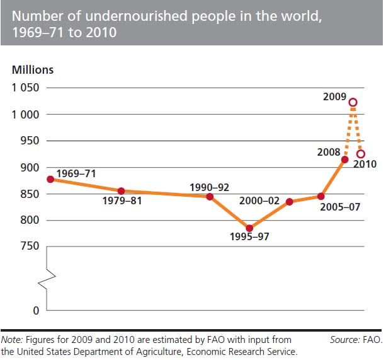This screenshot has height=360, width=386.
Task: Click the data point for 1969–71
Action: coord(50,179)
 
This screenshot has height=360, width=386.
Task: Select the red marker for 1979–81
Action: coord(121,191)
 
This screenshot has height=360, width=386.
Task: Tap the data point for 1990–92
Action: coord(210,196)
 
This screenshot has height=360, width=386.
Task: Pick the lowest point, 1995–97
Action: coord(249,228)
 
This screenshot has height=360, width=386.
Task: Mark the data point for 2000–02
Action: coord(289,202)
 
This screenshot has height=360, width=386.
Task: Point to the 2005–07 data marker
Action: coord(321,196)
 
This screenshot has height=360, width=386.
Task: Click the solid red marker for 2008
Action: coord(344,160)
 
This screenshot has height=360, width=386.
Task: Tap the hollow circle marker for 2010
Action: coord(361,154)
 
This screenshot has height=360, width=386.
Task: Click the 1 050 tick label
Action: coord(25,88)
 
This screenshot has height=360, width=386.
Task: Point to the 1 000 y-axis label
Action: coord(25,114)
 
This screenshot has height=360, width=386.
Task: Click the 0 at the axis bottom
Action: coord(36,310)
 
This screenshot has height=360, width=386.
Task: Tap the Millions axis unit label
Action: coord(33,70)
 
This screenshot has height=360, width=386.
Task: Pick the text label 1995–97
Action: coord(249,239)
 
